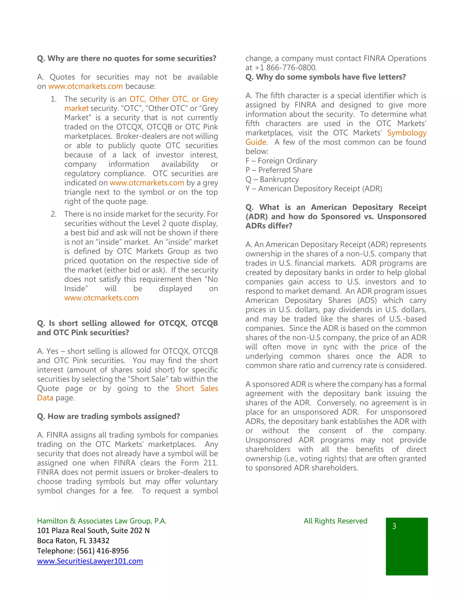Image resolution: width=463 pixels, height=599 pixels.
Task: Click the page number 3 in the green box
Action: (394, 526)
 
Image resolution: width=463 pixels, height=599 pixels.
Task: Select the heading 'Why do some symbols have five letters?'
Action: (325, 77)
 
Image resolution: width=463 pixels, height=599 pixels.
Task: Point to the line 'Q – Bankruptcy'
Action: (272, 179)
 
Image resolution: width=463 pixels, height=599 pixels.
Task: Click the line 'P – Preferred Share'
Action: (279, 170)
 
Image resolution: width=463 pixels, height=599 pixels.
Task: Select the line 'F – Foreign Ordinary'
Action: (281, 161)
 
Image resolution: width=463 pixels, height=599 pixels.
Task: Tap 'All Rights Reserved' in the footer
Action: (335, 521)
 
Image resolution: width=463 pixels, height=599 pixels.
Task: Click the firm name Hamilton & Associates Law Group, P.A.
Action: (102, 521)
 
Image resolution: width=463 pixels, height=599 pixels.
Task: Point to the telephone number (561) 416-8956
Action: (103, 551)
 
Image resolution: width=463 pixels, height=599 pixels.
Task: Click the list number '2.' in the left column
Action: (54, 214)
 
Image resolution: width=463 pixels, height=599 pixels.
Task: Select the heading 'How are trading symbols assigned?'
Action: (108, 416)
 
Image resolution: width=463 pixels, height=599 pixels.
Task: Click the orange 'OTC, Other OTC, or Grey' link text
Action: (174, 99)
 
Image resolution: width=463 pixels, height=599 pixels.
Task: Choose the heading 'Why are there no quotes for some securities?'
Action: (126, 58)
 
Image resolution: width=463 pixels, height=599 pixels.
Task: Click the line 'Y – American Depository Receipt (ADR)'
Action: (314, 189)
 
